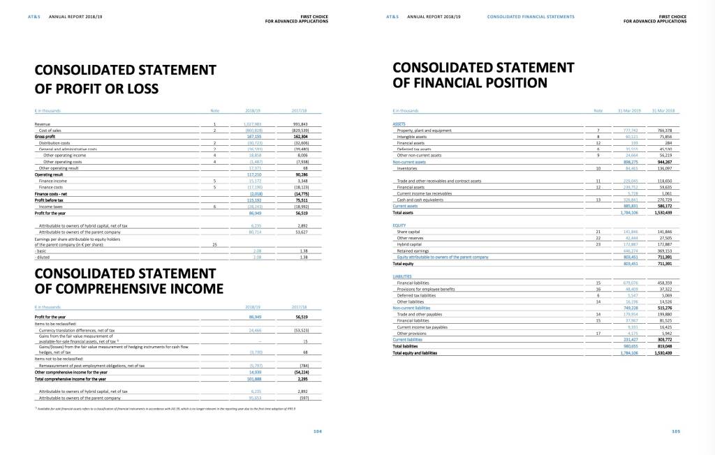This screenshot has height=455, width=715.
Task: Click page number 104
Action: tap(318, 431)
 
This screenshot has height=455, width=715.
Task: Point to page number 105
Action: tap(676, 431)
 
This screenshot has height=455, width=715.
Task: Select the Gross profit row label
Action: tap(45, 136)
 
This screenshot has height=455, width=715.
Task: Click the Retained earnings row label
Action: tap(413, 248)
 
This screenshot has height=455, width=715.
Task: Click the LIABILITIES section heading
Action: tap(404, 276)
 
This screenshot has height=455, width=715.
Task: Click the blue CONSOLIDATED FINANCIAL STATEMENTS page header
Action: tap(531, 15)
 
